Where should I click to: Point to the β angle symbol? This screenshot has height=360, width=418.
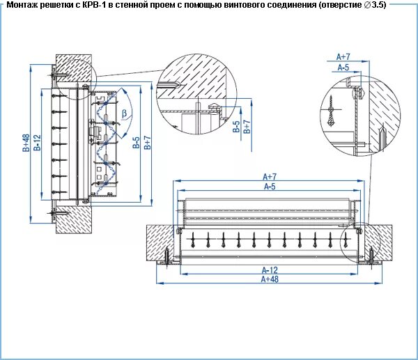tap(124, 112)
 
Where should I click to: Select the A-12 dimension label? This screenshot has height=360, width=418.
tap(270, 269)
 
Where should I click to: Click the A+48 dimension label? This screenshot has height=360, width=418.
tap(270, 279)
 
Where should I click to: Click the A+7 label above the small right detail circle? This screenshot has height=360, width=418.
tap(343, 56)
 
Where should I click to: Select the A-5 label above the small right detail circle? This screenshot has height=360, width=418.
tap(343, 68)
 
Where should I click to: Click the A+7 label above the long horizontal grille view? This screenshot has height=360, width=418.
tap(270, 177)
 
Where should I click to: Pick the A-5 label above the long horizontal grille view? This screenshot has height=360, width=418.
tap(270, 187)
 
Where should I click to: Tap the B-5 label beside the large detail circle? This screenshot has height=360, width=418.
tap(236, 126)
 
